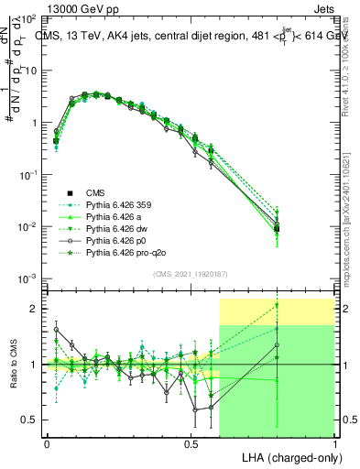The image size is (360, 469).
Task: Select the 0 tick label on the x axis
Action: click(47, 442)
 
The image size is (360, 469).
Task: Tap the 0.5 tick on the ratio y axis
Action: click(30, 420)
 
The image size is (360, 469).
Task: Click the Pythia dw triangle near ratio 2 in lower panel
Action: click(277, 305)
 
